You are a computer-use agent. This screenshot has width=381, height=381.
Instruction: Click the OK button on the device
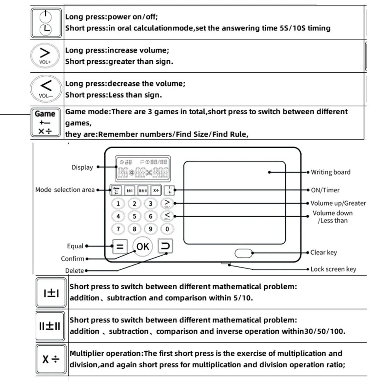[x=142, y=247]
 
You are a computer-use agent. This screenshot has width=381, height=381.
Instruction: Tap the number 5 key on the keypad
[x=134, y=216]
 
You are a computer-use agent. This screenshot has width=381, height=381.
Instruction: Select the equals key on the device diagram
[x=120, y=247]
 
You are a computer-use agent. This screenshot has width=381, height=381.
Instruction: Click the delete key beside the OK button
[x=165, y=246]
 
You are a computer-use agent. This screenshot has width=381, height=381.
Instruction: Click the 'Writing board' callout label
[x=330, y=172]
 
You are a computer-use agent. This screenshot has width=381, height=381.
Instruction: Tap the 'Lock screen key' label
[x=333, y=269]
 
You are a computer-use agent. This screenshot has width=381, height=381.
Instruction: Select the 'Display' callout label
[x=82, y=167]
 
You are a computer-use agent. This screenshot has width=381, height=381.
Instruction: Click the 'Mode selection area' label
[x=65, y=190]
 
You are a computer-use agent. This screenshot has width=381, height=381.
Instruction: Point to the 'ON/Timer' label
[x=325, y=190]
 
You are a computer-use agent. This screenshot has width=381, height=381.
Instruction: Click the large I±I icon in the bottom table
[x=51, y=293]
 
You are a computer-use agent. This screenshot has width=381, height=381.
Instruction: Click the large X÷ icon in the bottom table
[x=51, y=359]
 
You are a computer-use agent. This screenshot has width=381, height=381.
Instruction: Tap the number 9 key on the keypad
[x=151, y=229]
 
